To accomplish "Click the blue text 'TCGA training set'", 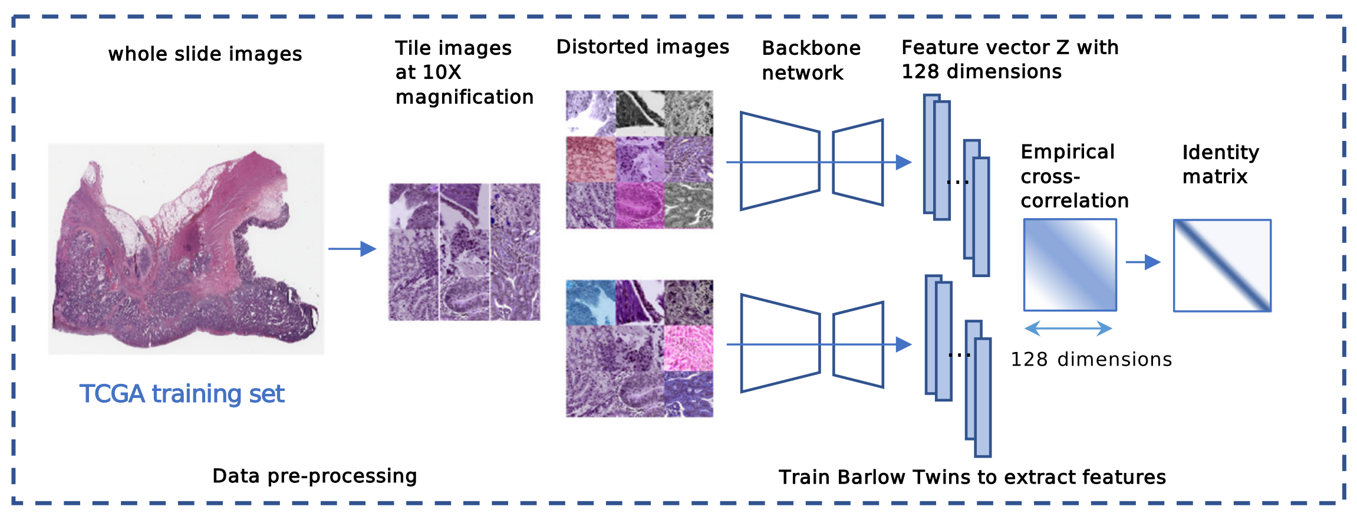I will coord(182,394).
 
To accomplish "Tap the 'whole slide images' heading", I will coord(205,54).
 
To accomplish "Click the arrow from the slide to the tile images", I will coord(353,249).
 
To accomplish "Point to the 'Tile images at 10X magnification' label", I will coord(463,72).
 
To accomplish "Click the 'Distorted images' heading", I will coord(643,47).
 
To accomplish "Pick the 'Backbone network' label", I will coord(811,60).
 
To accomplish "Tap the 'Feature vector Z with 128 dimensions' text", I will coord(1009,59).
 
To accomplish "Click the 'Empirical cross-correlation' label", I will coord(1074,176).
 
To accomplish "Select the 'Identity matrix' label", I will coord(1220,164).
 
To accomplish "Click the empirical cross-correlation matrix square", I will coord(1070,265).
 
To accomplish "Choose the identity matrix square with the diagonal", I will coord(1222,265).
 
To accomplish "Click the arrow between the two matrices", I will coord(1143,262).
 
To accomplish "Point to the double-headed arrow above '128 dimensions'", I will coord(1068,328).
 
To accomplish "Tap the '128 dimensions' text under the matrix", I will coord(1091,359).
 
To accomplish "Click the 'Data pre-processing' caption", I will coord(314,476).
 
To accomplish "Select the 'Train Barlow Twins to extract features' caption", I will coord(972,477).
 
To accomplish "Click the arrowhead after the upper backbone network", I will coord(903,162).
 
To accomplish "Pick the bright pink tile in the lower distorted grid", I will coord(689,348).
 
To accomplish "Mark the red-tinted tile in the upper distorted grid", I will coord(591,159).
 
